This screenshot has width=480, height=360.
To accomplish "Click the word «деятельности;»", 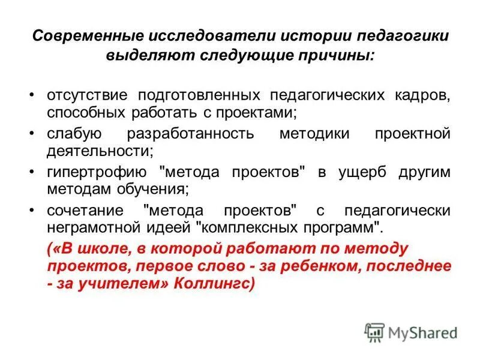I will click(100, 149).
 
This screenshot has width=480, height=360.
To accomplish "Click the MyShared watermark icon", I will click(374, 332).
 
